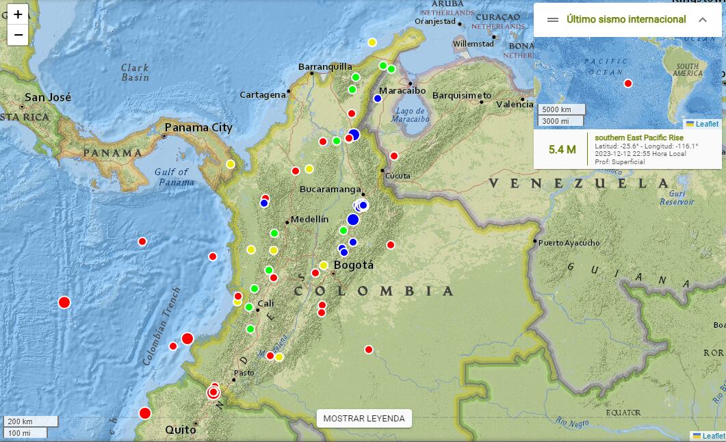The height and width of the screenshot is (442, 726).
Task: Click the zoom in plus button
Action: (x=18, y=14)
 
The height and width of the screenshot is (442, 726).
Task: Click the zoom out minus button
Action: (x=18, y=35)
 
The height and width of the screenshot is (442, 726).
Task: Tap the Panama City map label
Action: (x=198, y=127)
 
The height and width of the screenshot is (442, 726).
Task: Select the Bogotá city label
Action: (x=353, y=265)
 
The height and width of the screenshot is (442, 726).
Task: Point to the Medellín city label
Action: (x=309, y=220)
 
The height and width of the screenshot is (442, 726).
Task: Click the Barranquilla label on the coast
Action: (x=325, y=66)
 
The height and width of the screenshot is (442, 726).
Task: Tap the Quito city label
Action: (x=181, y=430)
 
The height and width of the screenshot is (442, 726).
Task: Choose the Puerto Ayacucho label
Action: (x=569, y=243)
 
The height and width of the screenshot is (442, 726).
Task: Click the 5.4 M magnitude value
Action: (x=562, y=149)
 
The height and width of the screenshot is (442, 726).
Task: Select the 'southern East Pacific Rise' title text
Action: (x=638, y=138)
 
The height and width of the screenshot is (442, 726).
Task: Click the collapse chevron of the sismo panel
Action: (x=702, y=20)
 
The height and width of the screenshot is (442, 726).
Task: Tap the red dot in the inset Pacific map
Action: (x=628, y=83)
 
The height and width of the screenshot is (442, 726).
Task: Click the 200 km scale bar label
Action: (x=21, y=421)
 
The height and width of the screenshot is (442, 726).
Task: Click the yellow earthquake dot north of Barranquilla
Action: (x=372, y=42)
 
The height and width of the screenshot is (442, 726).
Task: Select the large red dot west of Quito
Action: (x=145, y=413)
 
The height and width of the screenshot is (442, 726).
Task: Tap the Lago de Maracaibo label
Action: (x=411, y=114)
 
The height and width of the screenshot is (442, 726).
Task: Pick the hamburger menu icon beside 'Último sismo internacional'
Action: (x=553, y=20)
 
